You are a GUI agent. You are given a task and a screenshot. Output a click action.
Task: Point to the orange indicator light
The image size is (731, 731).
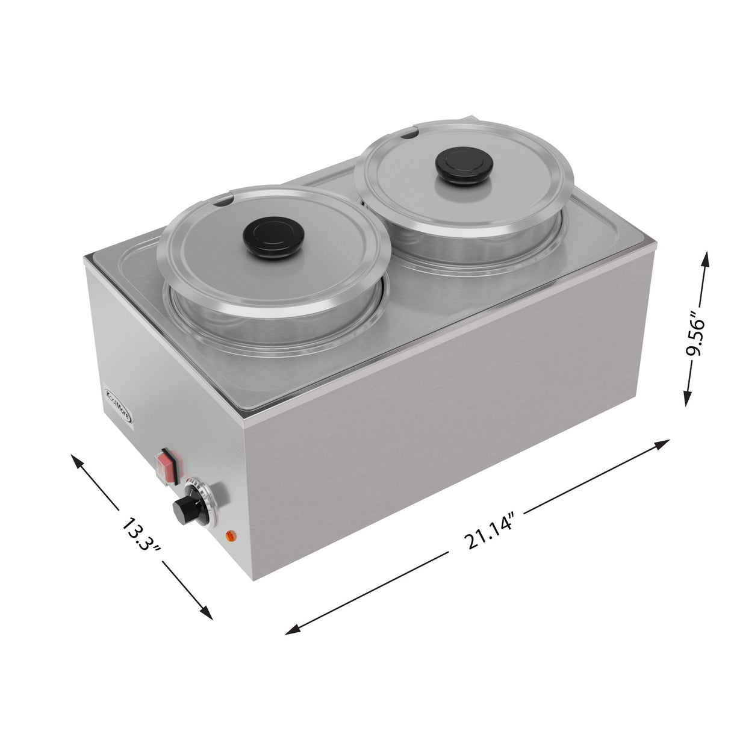point(229,535)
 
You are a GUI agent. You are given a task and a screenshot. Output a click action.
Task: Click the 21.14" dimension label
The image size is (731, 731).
point(488,530)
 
